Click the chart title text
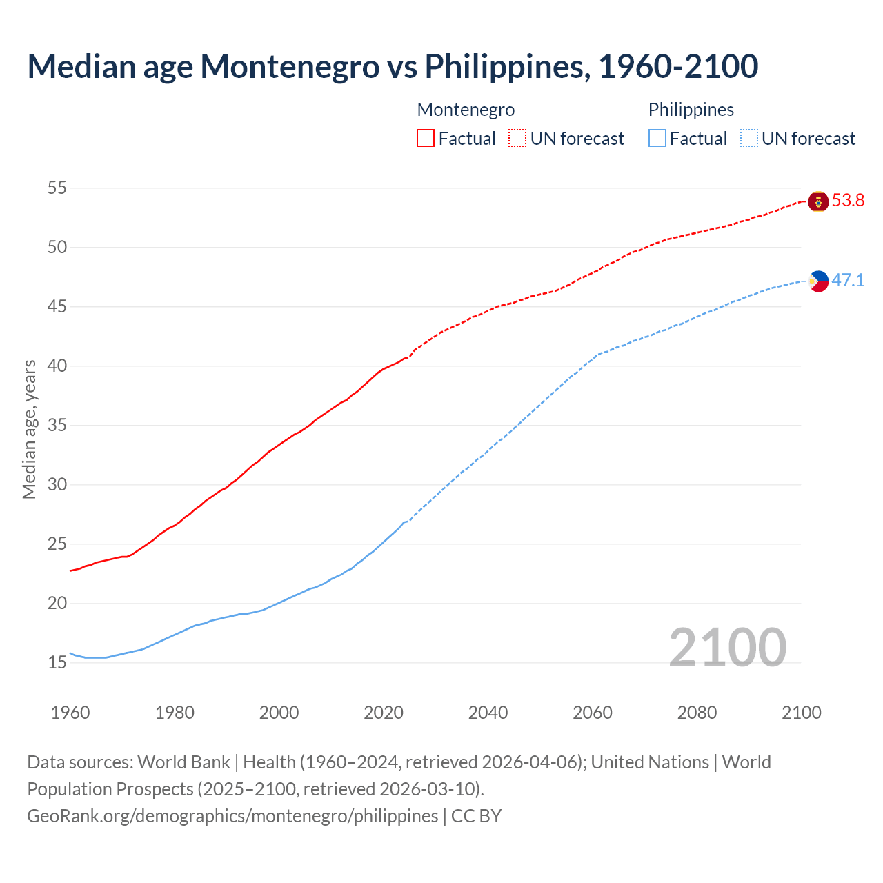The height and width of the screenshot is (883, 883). point(393,67)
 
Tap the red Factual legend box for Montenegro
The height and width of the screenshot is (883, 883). point(426,138)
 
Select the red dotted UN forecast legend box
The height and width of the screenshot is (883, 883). point(517,138)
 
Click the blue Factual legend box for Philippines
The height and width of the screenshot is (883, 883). point(657,138)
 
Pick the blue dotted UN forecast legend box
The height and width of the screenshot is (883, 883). point(749,138)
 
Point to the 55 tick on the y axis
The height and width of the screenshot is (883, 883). point(57,188)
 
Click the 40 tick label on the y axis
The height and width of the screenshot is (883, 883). point(57,366)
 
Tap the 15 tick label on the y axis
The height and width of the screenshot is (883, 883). point(57,663)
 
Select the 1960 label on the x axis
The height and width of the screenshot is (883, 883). point(70,713)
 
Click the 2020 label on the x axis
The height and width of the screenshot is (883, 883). point(384,713)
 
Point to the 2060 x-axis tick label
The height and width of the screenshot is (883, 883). point(593,713)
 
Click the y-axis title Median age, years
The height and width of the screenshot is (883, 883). point(29,429)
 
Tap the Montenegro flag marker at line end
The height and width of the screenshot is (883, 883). point(818,202)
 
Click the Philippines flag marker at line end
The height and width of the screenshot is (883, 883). point(818,281)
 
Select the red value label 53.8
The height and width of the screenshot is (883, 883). point(848,201)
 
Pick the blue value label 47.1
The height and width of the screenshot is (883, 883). point(848,280)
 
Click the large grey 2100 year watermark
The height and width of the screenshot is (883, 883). point(728,648)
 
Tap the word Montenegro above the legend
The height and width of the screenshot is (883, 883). point(466,110)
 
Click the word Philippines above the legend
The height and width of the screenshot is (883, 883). point(691,110)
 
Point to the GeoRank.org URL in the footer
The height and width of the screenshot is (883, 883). point(232,816)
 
